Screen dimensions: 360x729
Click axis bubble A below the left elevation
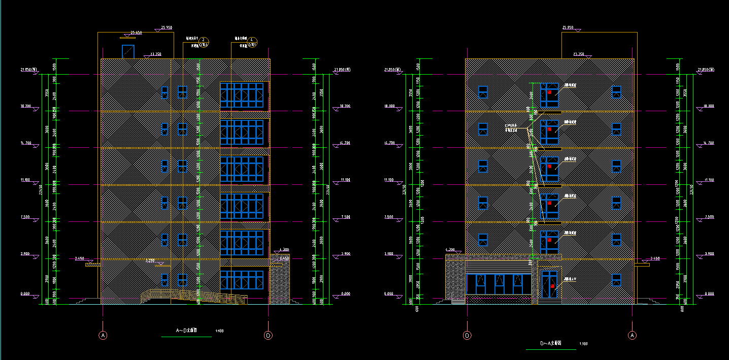[103, 335]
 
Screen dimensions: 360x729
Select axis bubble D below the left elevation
[268, 335]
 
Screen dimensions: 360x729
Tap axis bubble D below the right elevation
[467, 335]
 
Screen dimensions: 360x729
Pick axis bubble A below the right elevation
[632, 335]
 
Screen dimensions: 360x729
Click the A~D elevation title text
[186, 331]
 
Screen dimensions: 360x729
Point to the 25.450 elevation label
[136, 33]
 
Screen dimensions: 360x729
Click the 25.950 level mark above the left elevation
[167, 27]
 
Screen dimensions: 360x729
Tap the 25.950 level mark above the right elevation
[568, 27]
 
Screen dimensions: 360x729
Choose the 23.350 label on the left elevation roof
[155, 54]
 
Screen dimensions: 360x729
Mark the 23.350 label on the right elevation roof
[578, 54]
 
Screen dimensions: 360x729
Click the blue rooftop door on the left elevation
[127, 51]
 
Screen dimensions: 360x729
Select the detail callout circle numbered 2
[203, 40]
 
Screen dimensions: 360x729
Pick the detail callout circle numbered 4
[254, 40]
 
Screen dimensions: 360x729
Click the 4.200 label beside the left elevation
[284, 250]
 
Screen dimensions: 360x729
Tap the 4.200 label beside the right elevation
[450, 250]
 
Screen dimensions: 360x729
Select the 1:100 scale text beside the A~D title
[219, 331]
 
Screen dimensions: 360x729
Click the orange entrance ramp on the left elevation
[193, 297]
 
